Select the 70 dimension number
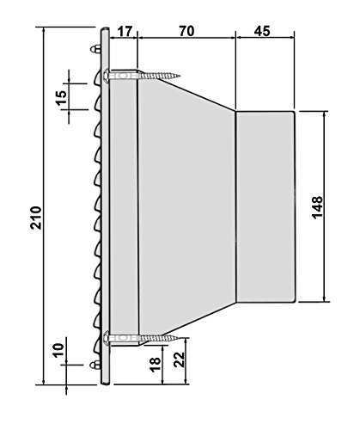click(185, 30)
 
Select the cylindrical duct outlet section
click(265, 206)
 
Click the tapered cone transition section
click(185, 206)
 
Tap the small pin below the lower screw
click(95, 365)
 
